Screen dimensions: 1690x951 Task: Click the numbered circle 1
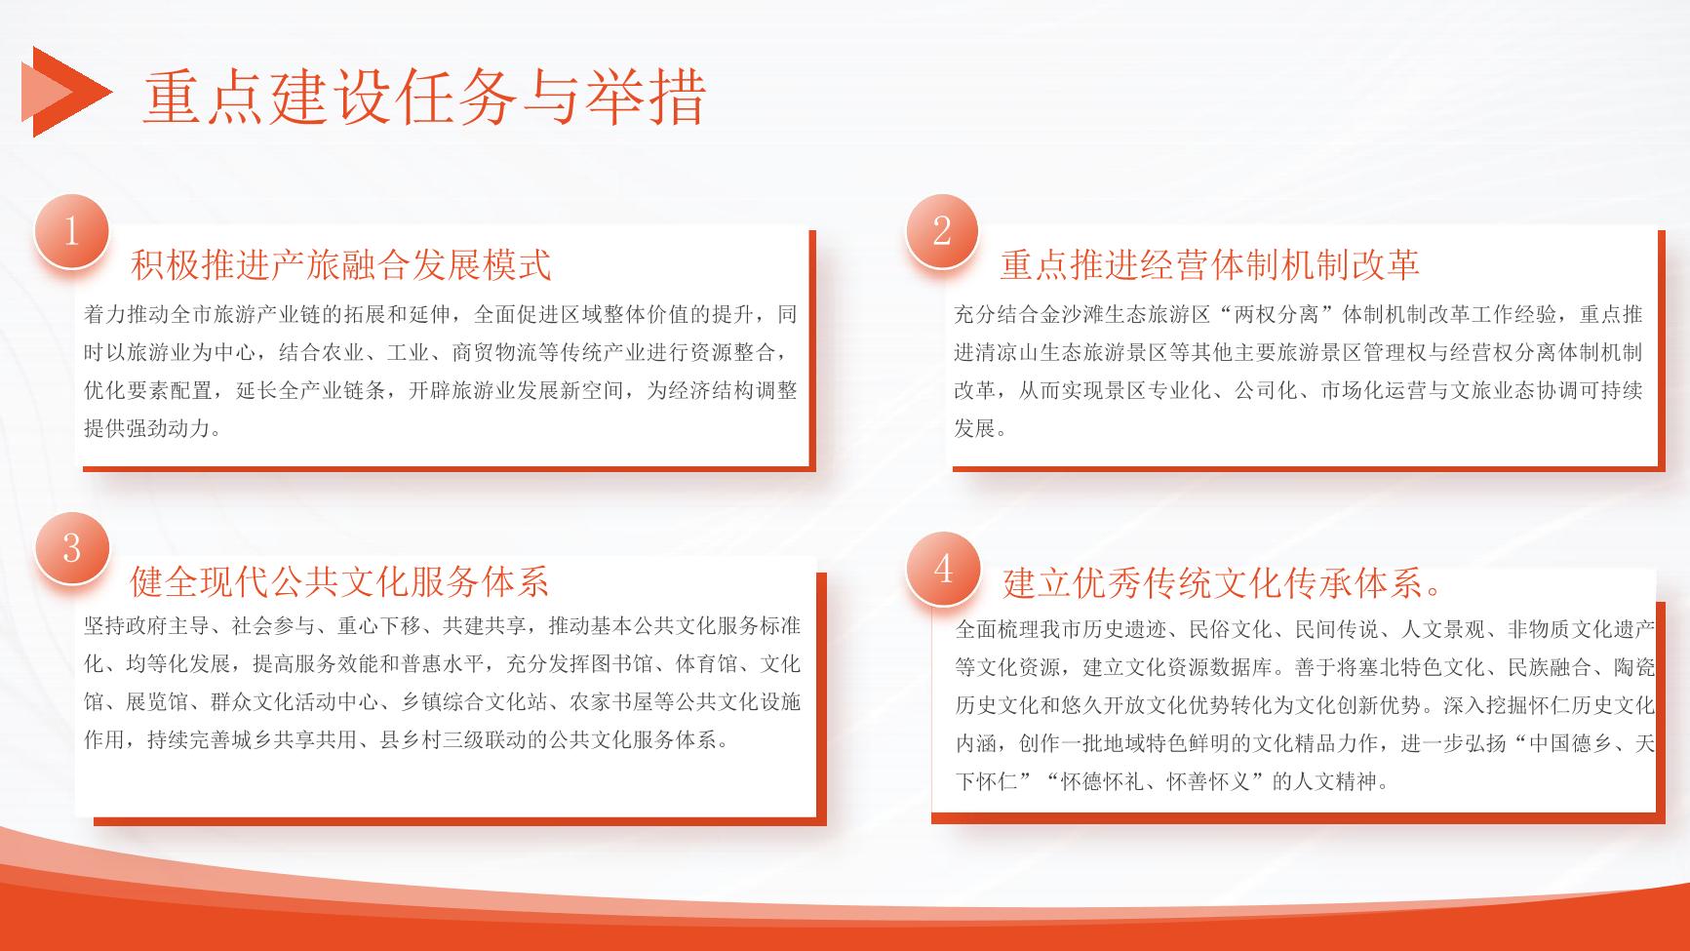point(71,232)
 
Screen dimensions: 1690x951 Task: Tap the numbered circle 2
point(942,231)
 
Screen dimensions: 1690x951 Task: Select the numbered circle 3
point(71,548)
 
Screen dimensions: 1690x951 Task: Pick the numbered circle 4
point(942,569)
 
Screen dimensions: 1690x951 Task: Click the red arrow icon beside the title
point(65,92)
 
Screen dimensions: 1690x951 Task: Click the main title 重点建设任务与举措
point(425,97)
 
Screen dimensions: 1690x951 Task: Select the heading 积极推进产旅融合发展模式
point(341,264)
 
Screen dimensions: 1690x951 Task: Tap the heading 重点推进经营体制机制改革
point(1210,264)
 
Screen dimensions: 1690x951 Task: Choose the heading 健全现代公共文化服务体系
point(340,581)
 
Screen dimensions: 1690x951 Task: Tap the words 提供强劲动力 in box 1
point(147,428)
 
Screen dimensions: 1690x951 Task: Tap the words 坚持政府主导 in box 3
point(147,626)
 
